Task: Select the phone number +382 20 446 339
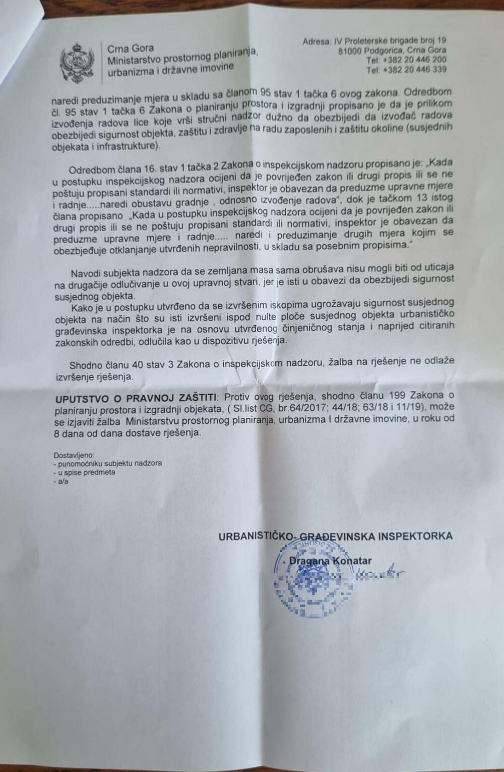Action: click(x=415, y=70)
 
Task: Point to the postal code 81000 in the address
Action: click(x=353, y=50)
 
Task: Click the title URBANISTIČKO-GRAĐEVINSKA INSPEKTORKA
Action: click(x=335, y=536)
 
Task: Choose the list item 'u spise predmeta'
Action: click(x=84, y=472)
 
